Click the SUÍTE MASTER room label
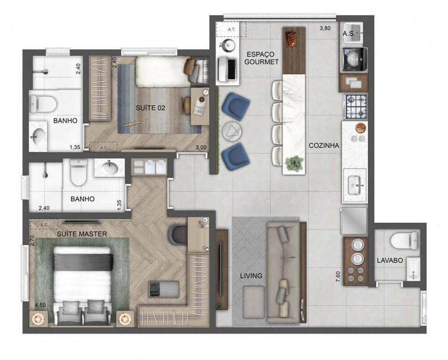coord(82,234)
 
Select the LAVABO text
coord(389,260)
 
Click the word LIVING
coord(251,276)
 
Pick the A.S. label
coord(349,34)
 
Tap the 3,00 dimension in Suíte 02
coord(200,147)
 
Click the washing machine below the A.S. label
coord(354,59)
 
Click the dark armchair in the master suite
coord(178,234)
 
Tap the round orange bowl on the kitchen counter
coord(360,128)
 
